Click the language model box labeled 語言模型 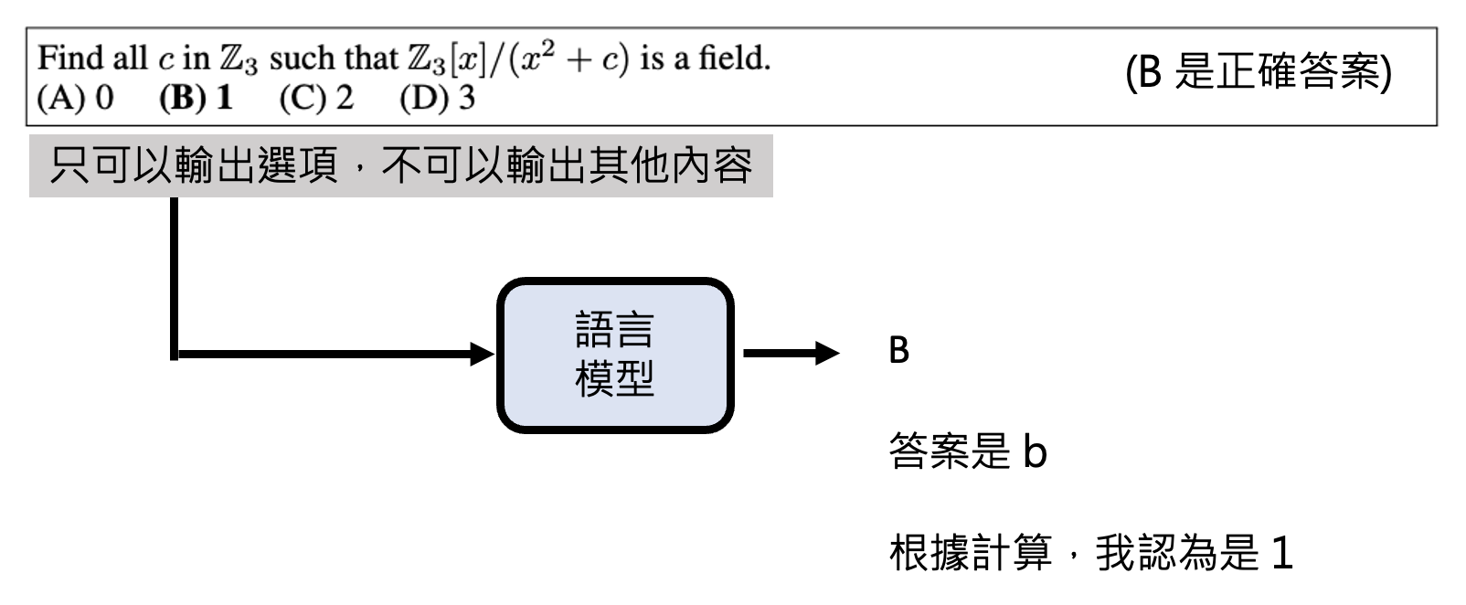tap(615, 355)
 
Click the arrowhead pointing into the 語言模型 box tap(482, 354)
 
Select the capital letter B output tap(899, 351)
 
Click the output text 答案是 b tap(967, 451)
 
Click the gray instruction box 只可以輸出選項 tap(400, 166)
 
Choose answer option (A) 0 tap(76, 98)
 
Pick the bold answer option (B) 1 tap(197, 98)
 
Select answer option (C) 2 tap(316, 98)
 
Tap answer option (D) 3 tap(437, 98)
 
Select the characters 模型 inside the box tap(615, 377)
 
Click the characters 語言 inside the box tap(615, 331)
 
